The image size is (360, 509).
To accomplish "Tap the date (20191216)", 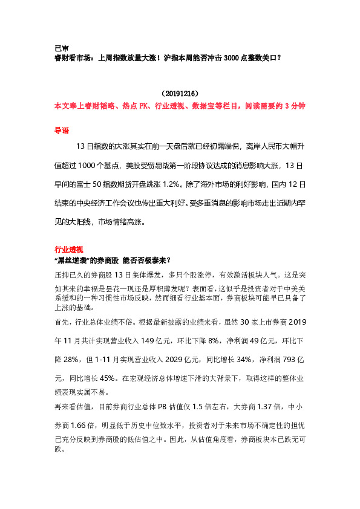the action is point(180,94).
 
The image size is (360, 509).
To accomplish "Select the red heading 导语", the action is point(62,130).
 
